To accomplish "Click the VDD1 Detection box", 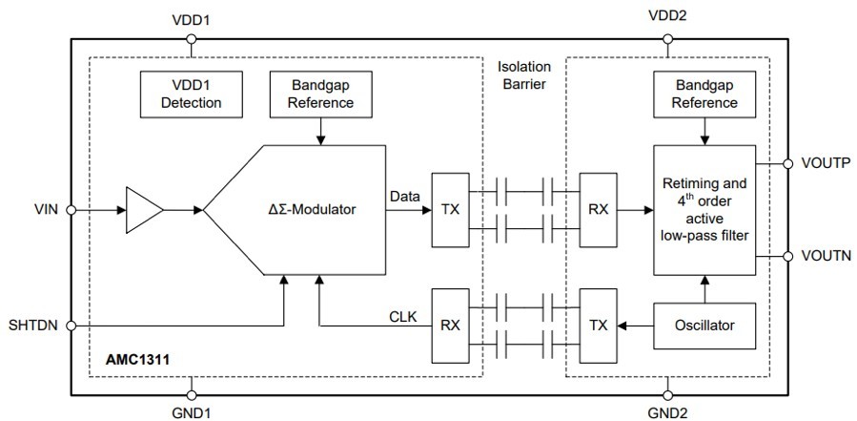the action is tap(192, 95).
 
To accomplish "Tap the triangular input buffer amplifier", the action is tap(144, 210).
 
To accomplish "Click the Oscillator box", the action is tap(704, 326).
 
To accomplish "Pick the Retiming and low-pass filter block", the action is tap(704, 210).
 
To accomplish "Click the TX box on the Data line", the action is tap(450, 210).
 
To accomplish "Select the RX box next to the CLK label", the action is tap(450, 326).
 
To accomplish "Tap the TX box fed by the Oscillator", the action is tap(599, 326).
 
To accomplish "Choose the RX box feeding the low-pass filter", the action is tap(599, 210).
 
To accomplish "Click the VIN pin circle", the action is tap(71, 210).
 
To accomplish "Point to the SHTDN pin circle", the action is tap(71, 326).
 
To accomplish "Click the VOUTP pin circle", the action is tap(788, 163).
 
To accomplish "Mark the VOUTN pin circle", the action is tap(788, 256).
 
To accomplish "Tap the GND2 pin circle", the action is tap(667, 395).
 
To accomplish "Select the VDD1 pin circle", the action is tap(192, 39).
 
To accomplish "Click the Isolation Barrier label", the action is tap(524, 75).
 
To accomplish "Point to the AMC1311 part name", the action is tap(137, 360).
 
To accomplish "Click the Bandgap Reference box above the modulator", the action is tap(321, 95).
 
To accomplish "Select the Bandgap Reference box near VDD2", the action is tap(704, 95).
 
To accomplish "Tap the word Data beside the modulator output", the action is tap(405, 196).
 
